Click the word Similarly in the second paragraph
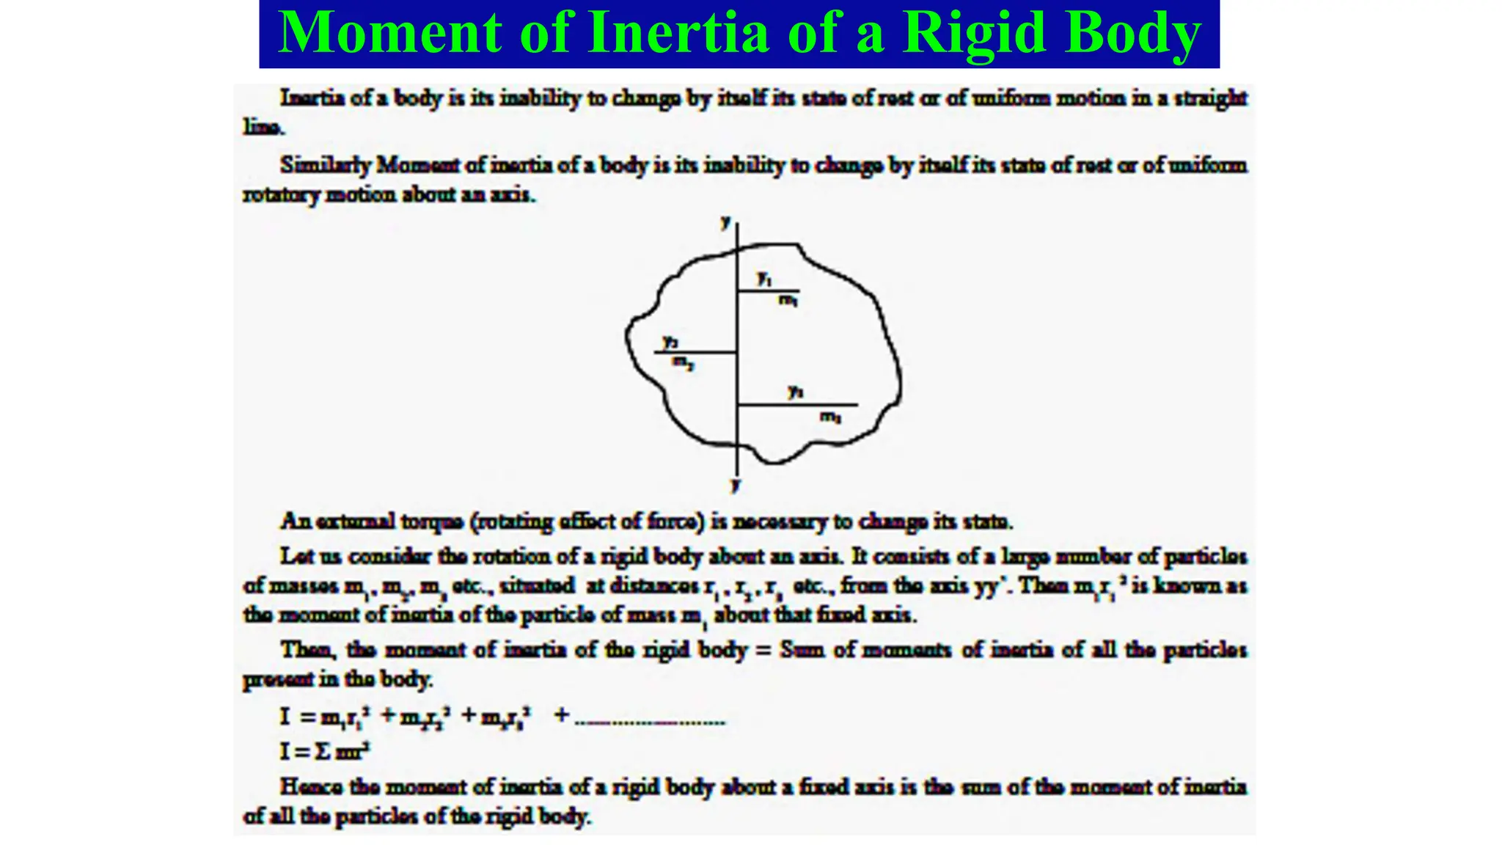(325, 165)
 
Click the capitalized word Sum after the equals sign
(802, 650)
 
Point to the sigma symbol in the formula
(323, 751)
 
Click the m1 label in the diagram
(788, 299)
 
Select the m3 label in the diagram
(830, 417)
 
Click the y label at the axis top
(726, 221)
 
